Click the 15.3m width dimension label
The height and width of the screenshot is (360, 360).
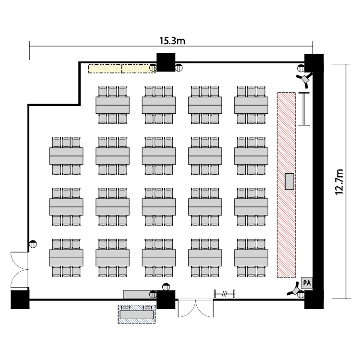coord(172,41)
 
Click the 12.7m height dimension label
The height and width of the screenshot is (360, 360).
coord(339,182)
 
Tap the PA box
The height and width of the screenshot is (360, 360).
coord(307,283)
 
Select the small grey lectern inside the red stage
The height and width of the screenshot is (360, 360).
coord(289,181)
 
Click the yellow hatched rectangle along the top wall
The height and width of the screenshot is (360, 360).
coord(122,69)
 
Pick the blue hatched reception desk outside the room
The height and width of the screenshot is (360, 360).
coord(137,314)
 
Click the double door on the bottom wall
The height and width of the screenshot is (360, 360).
coord(196,308)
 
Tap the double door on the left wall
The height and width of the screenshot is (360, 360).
coord(20,270)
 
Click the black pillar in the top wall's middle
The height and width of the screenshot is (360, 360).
coord(166,62)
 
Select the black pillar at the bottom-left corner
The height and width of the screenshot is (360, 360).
coord(20,300)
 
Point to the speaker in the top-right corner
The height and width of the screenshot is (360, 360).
coord(304,79)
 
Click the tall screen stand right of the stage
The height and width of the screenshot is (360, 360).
coord(304,109)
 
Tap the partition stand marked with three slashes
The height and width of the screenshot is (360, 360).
coord(225,294)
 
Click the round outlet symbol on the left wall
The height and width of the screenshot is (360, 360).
coord(33,244)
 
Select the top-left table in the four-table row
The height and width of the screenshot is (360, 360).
coord(112,105)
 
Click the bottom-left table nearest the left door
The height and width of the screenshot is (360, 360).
coord(66,258)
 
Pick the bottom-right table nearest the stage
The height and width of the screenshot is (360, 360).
coord(251,258)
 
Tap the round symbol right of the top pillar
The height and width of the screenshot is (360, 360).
coord(179,68)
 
